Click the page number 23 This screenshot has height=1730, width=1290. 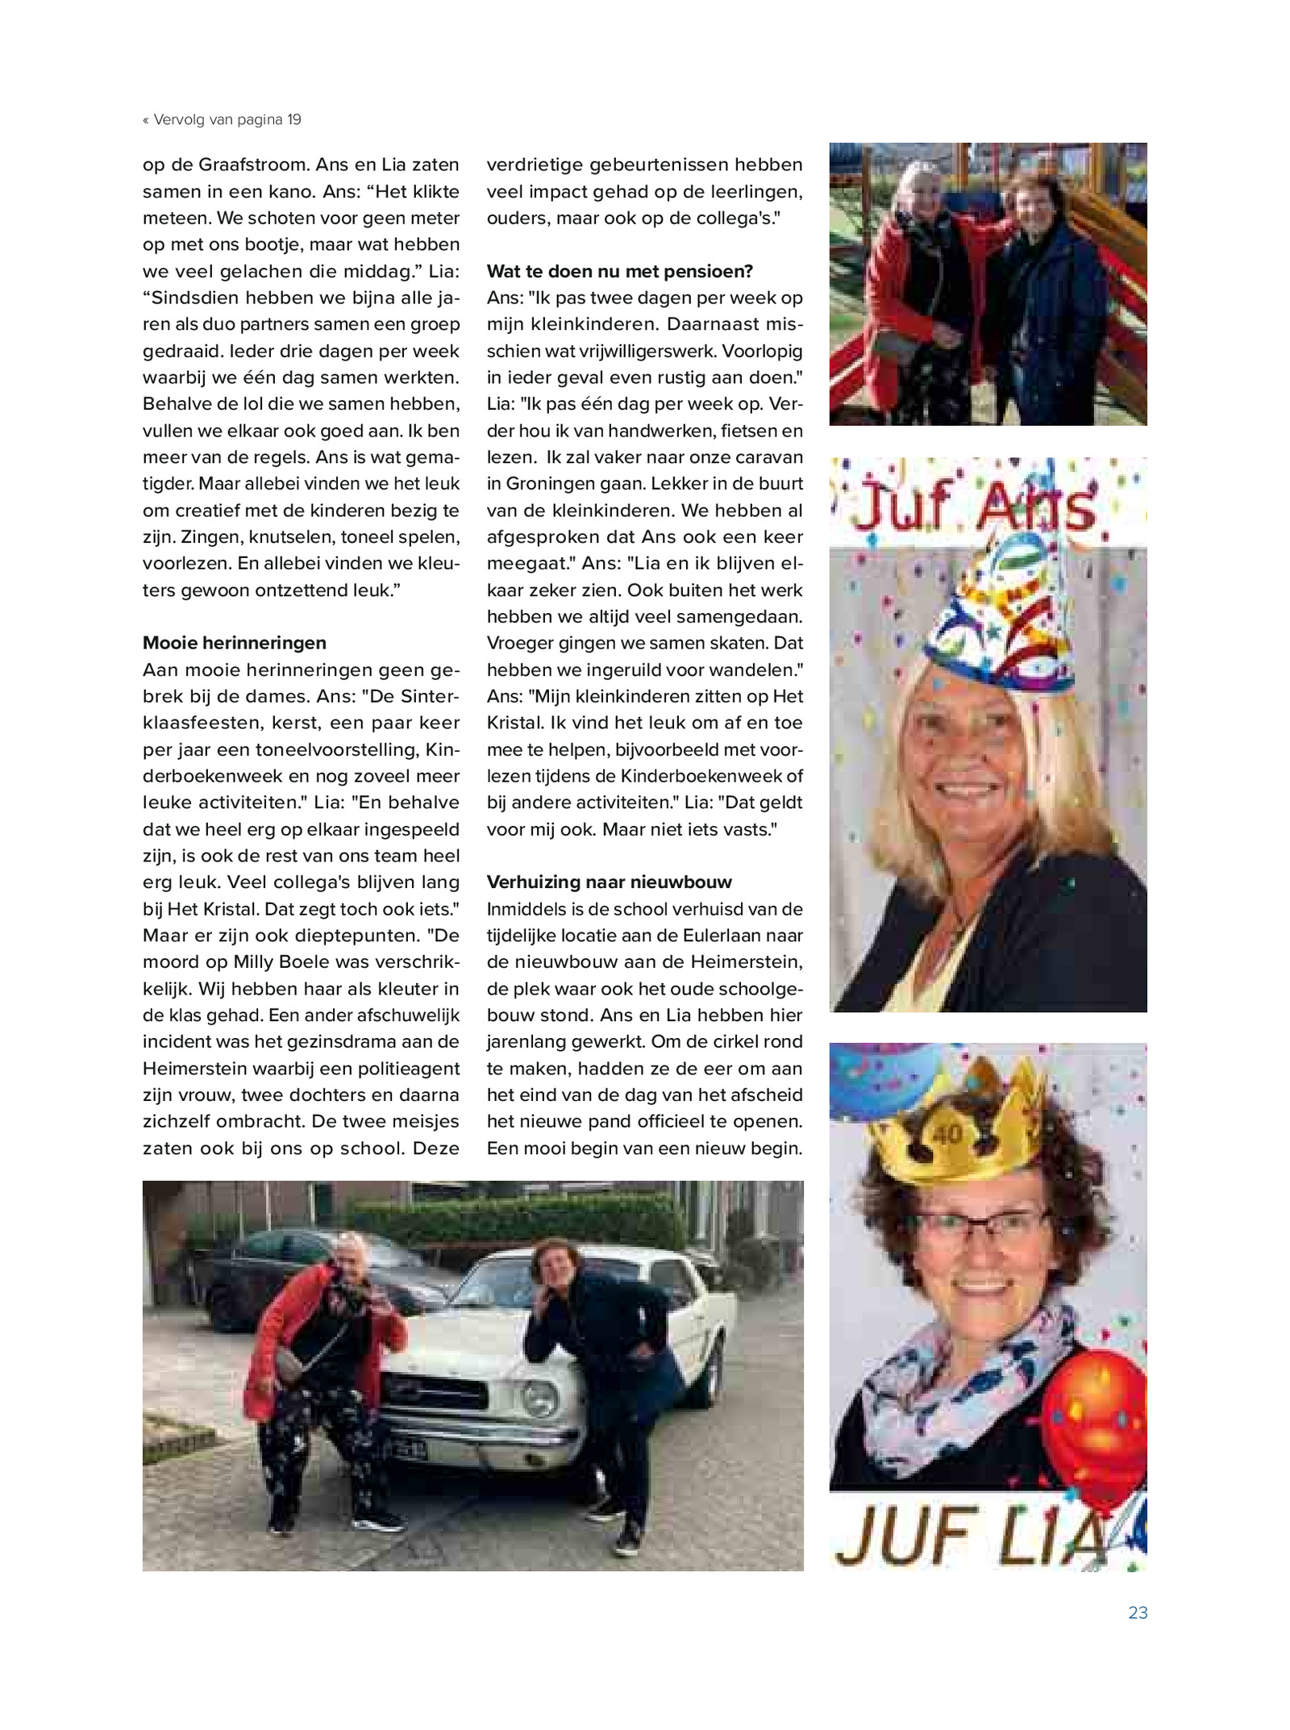pos(1137,1612)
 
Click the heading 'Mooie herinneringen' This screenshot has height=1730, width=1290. pos(235,643)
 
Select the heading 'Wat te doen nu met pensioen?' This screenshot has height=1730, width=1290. pos(619,271)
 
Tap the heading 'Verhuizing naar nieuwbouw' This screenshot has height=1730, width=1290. pos(609,882)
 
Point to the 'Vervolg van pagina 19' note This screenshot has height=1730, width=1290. pos(223,120)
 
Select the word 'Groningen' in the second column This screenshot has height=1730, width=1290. pos(549,484)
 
